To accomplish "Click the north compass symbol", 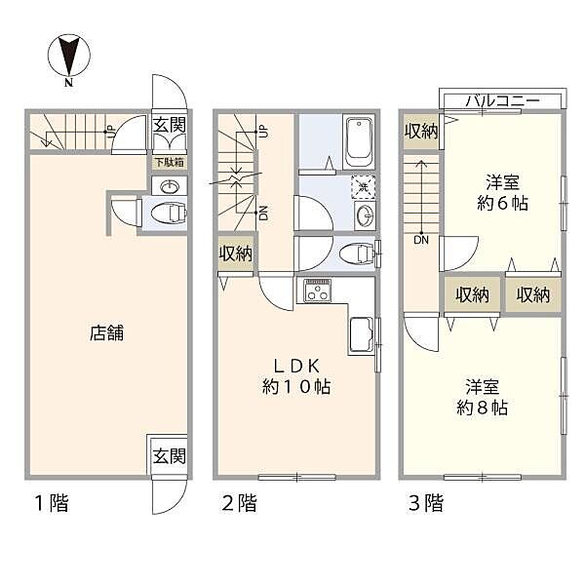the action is pyautogui.click(x=68, y=57).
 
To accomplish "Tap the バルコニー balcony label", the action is pyautogui.click(x=502, y=100).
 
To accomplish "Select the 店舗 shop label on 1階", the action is pyautogui.click(x=106, y=332).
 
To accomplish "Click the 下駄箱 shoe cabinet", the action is pyautogui.click(x=170, y=163).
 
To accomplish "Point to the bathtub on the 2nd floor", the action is pyautogui.click(x=359, y=141).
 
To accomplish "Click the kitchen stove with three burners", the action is pyautogui.click(x=318, y=291).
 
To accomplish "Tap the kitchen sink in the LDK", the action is pyautogui.click(x=361, y=335).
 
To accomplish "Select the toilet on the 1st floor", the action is pyautogui.click(x=169, y=214).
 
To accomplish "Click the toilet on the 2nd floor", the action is pyautogui.click(x=357, y=253).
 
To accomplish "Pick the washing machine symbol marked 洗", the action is pyautogui.click(x=363, y=187).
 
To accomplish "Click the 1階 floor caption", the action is pyautogui.click(x=52, y=502).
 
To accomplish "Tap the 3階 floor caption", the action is pyautogui.click(x=426, y=502).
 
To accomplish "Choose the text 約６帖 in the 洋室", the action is pyautogui.click(x=502, y=204).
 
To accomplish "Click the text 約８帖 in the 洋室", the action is pyautogui.click(x=482, y=408).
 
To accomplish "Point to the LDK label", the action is pyautogui.click(x=296, y=366).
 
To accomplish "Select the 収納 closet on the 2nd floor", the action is pyautogui.click(x=235, y=253).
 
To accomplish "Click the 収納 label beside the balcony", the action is pyautogui.click(x=421, y=131).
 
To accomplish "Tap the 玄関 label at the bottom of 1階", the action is pyautogui.click(x=170, y=456).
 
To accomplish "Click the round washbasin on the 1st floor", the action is pyautogui.click(x=170, y=186).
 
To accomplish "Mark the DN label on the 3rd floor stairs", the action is pyautogui.click(x=421, y=240).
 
